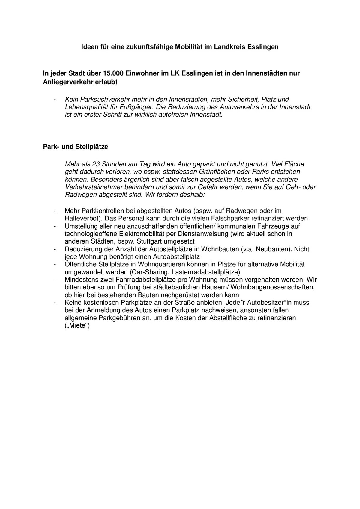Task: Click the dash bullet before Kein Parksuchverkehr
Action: tap(55, 99)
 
